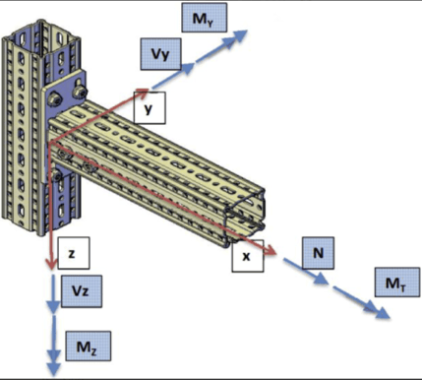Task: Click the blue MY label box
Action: tap(204, 17)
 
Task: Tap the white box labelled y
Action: tap(148, 109)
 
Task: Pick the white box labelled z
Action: tap(73, 253)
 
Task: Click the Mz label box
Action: tap(83, 346)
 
